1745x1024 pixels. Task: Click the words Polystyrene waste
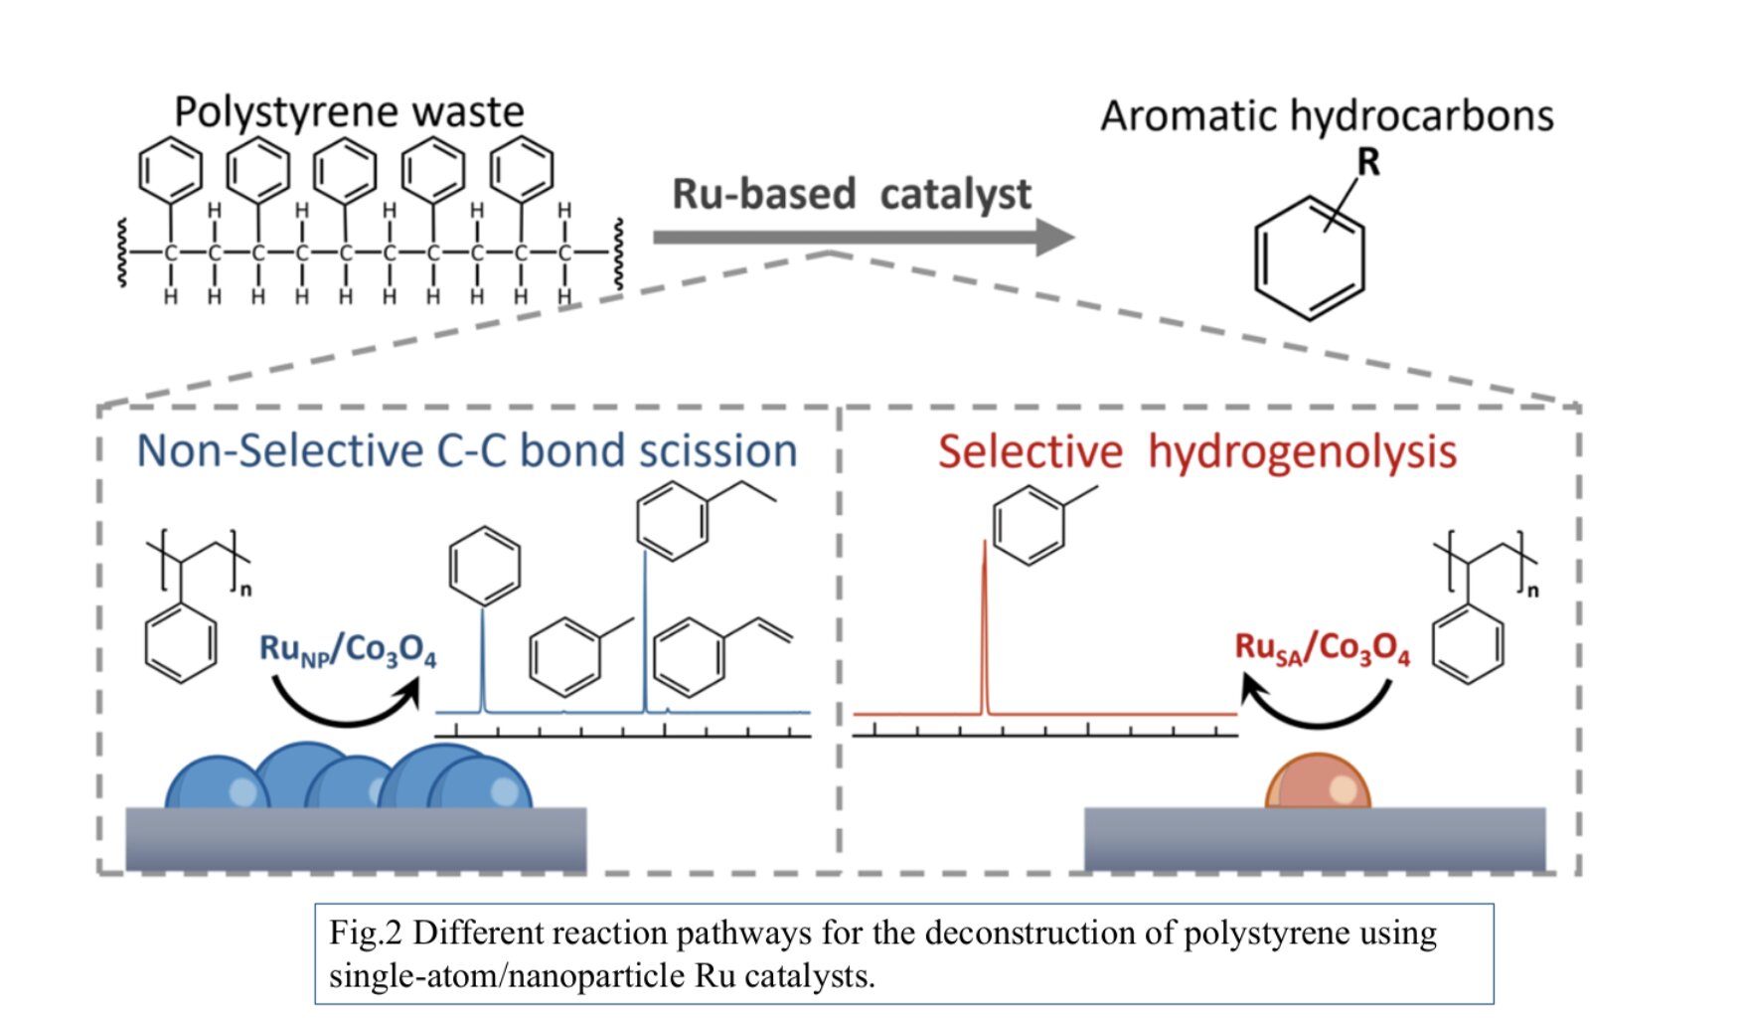(x=349, y=111)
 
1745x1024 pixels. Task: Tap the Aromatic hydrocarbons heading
(x=1327, y=116)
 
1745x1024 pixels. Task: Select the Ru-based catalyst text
(x=852, y=194)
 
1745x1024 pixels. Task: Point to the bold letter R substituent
(x=1368, y=162)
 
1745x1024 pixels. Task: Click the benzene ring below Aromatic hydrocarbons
(x=1309, y=258)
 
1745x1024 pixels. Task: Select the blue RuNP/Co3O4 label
(x=347, y=650)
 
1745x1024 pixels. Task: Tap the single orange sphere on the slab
(x=1318, y=782)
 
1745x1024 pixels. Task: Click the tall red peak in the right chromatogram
(x=985, y=626)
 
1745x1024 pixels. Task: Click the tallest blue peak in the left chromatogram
(x=645, y=636)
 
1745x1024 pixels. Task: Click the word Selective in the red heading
(x=1030, y=452)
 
